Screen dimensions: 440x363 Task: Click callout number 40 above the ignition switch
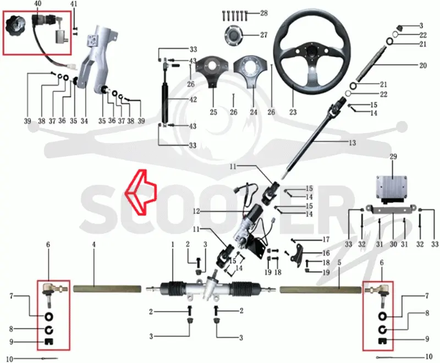37,4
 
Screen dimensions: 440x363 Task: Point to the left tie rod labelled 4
107,289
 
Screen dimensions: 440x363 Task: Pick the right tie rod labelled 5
321,290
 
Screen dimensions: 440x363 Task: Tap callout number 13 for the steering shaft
352,143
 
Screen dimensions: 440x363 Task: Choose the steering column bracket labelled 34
95,56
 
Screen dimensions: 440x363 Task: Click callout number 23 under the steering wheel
293,113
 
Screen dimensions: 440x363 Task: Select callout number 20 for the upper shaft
422,65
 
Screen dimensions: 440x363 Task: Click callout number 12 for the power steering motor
196,211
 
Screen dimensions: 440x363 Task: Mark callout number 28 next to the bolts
264,13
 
